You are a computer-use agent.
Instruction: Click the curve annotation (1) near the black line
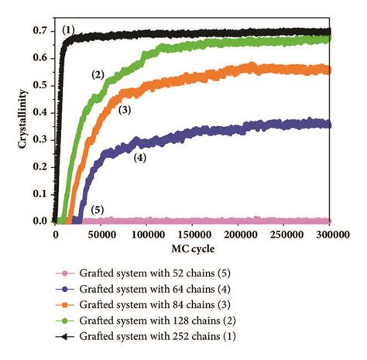(70, 30)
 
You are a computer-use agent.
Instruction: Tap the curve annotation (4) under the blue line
(140, 157)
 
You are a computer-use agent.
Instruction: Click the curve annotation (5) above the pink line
(97, 210)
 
